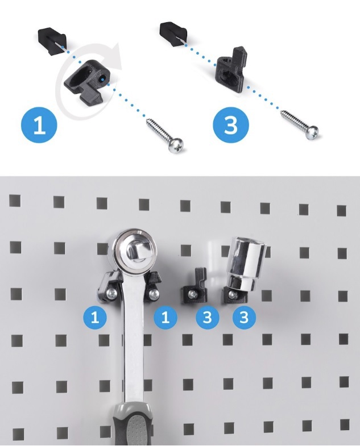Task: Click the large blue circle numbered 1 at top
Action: pyautogui.click(x=39, y=125)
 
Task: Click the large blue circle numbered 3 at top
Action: pyautogui.click(x=231, y=125)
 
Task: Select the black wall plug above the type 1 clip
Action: pyautogui.click(x=52, y=40)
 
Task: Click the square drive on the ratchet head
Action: pyautogui.click(x=135, y=252)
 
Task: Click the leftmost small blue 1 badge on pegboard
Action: pyautogui.click(x=95, y=317)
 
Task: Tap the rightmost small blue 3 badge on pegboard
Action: pyautogui.click(x=244, y=317)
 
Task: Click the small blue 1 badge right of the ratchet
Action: pyautogui.click(x=165, y=317)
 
